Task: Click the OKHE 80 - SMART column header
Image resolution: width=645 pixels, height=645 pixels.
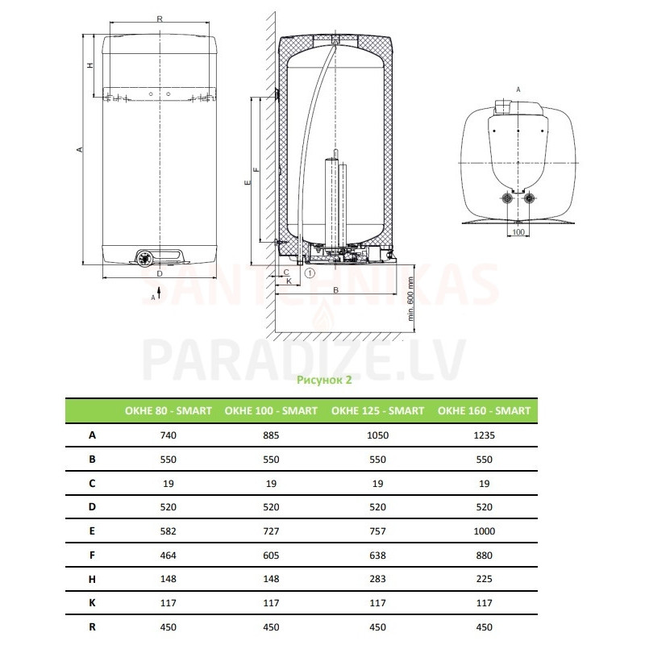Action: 169,410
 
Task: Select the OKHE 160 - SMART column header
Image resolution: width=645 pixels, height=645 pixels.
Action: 485,410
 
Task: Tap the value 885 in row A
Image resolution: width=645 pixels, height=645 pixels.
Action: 271,435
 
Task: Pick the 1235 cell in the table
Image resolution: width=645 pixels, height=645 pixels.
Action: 485,435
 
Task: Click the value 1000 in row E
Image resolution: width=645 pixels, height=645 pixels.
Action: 485,531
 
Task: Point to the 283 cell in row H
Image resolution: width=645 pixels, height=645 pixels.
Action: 377,579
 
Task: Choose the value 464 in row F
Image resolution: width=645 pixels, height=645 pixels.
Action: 169,556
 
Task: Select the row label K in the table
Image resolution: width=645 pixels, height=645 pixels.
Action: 92,602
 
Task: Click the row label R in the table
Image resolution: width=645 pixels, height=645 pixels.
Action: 92,627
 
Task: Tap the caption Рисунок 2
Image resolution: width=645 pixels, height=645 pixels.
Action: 324,380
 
